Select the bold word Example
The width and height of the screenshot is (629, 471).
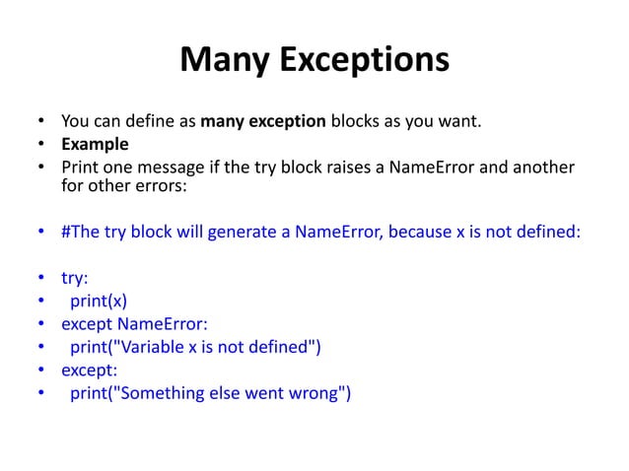(96, 144)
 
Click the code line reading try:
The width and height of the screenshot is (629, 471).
(75, 279)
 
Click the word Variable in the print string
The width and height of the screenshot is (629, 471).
(151, 345)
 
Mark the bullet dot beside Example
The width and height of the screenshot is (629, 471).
(42, 145)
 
